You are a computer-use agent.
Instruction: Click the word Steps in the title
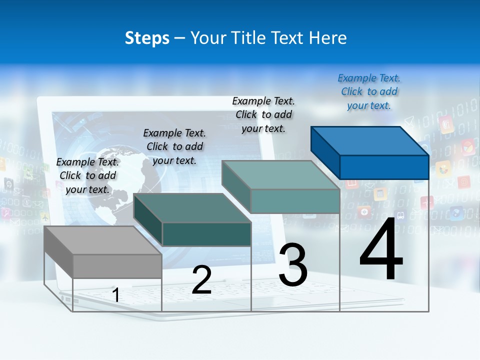click(x=147, y=38)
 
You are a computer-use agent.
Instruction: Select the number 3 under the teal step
click(x=293, y=264)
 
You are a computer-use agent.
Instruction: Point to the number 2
click(x=201, y=280)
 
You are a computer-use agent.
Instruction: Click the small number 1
click(x=116, y=295)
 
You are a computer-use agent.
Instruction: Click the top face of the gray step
click(x=102, y=240)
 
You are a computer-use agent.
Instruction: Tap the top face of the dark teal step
click(x=192, y=207)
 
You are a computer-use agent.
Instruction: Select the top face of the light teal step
click(x=280, y=174)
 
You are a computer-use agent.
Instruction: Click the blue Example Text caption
click(x=369, y=92)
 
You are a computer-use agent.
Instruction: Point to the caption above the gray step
click(x=87, y=175)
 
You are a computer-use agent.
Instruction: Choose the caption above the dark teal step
click(x=174, y=146)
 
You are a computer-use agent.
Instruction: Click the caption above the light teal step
click(x=263, y=114)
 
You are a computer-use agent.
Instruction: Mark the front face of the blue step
click(x=384, y=167)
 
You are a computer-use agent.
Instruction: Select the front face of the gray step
click(x=117, y=266)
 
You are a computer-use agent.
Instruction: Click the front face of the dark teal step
click(x=206, y=234)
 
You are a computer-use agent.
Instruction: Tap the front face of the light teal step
click(x=295, y=201)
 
